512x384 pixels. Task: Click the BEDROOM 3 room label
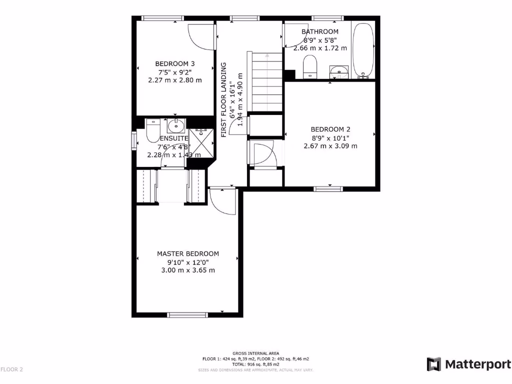tap(174, 63)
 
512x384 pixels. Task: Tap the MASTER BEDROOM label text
tap(188, 253)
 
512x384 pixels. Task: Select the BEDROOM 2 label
tap(330, 128)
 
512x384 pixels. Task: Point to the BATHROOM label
tap(320, 31)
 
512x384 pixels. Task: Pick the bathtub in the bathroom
tap(362, 50)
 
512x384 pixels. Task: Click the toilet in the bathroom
tap(310, 66)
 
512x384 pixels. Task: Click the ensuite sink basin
tap(175, 124)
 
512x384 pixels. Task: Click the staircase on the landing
tap(267, 82)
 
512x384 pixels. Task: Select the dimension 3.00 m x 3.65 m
tap(188, 270)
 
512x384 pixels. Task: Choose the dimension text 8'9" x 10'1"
tap(330, 137)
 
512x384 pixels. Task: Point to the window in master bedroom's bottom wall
tap(187, 314)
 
